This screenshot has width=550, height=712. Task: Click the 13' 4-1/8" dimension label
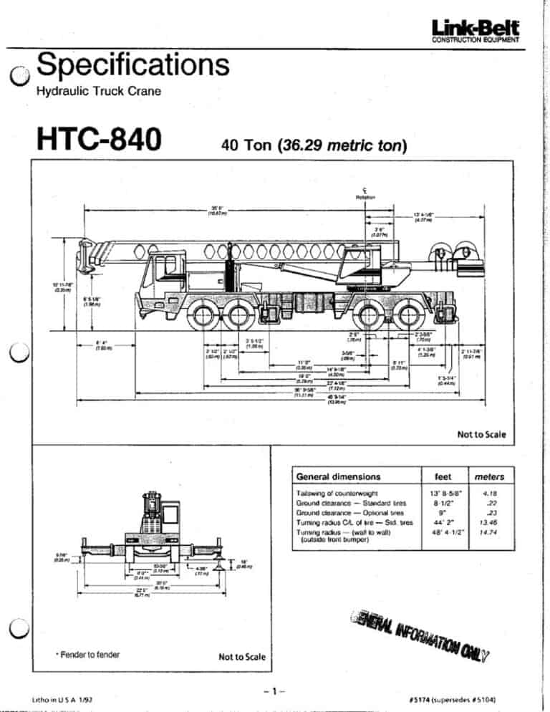coord(425,213)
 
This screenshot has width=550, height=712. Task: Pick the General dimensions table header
coord(338,476)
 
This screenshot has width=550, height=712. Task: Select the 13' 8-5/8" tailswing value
coord(448,493)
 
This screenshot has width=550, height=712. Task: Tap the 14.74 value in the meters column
coord(490,534)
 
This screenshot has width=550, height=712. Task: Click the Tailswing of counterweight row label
coord(337,493)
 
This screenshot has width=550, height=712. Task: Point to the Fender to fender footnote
coord(89,654)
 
